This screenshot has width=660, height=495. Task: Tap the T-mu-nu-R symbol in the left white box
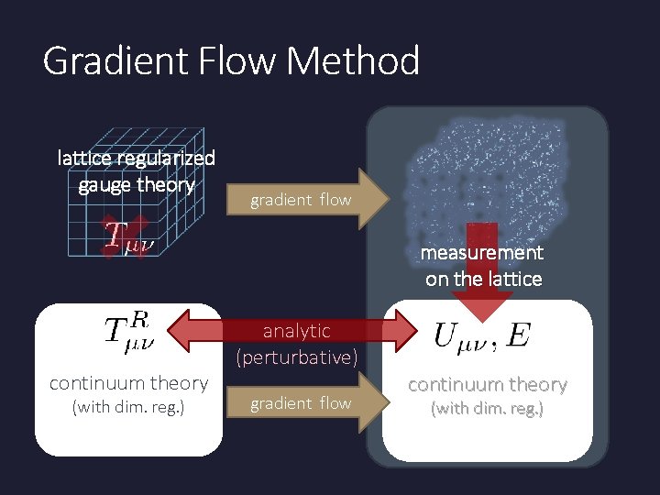[127, 330]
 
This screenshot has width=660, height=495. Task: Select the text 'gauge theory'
[137, 184]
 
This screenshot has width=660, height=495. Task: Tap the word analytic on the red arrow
[297, 330]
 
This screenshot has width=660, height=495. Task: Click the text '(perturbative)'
[297, 357]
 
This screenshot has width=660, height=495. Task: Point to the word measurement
[482, 252]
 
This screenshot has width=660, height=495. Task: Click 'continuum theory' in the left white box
[128, 382]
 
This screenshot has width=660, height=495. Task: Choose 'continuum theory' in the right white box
[488, 384]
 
